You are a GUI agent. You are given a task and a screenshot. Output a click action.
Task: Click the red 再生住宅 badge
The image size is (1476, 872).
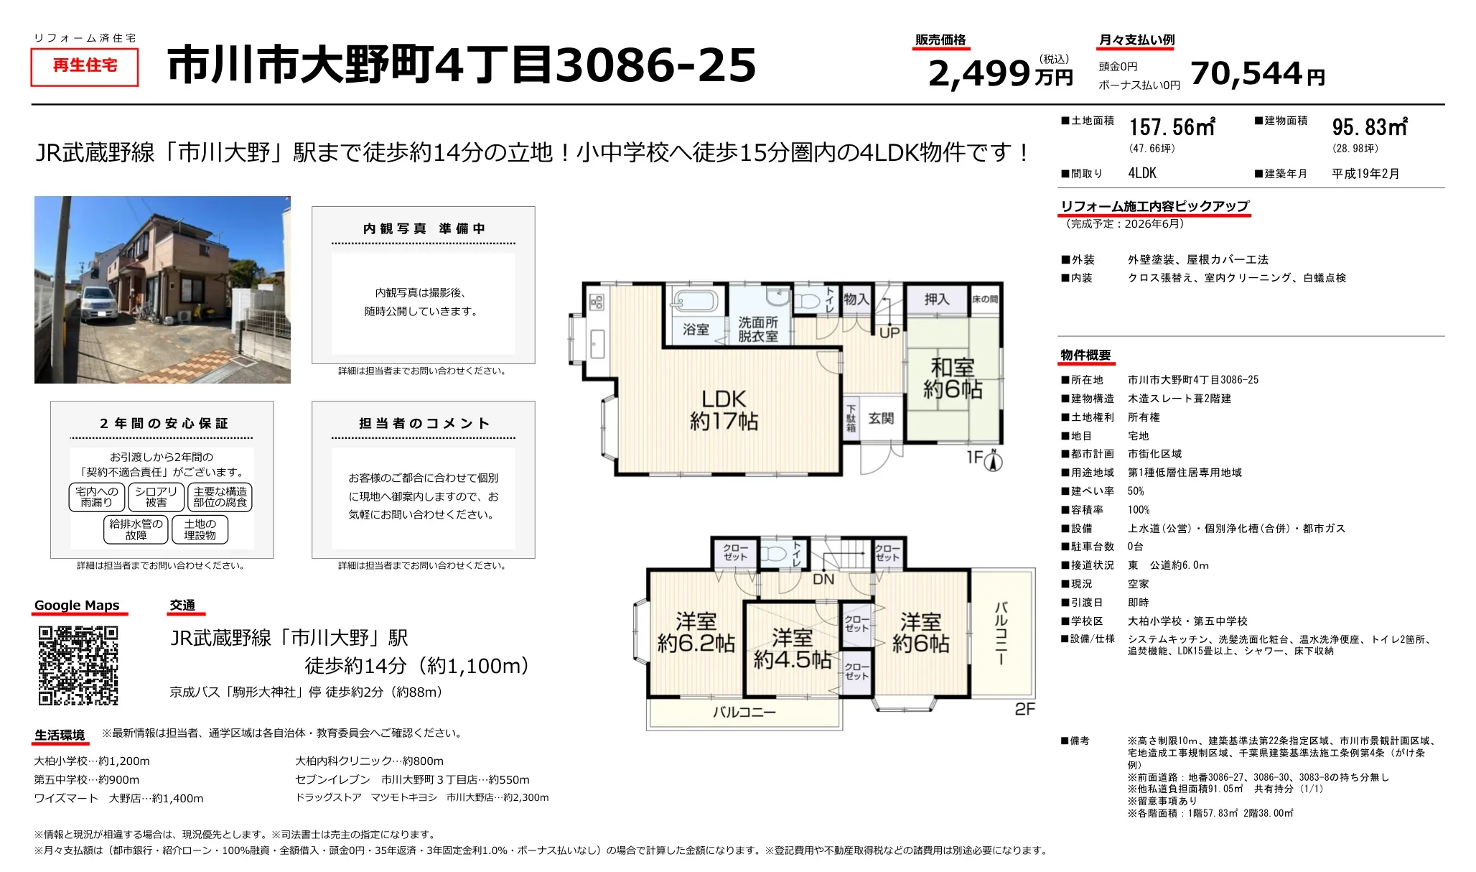pyautogui.click(x=85, y=66)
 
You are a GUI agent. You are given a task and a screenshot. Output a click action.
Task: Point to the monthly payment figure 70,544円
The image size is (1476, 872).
pyautogui.click(x=1258, y=73)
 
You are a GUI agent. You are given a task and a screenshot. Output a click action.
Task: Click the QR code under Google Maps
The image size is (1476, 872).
pyautogui.click(x=78, y=665)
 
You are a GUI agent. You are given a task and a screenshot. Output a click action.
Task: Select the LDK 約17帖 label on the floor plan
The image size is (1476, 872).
pyautogui.click(x=724, y=409)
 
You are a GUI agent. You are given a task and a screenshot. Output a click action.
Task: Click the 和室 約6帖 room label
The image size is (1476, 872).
pyautogui.click(x=953, y=379)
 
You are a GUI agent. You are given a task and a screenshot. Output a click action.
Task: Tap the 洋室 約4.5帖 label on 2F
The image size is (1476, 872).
pyautogui.click(x=792, y=649)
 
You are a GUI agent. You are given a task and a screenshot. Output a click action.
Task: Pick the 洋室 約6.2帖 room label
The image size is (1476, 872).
pyautogui.click(x=696, y=632)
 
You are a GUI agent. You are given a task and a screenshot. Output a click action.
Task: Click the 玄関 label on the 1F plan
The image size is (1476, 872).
pyautogui.click(x=881, y=419)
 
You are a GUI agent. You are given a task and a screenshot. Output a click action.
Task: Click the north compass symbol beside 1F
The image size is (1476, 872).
pyautogui.click(x=993, y=460)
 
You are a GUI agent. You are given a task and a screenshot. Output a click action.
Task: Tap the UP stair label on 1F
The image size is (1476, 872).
pyautogui.click(x=889, y=333)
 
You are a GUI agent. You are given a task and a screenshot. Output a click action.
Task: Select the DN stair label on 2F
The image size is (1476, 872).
pyautogui.click(x=823, y=579)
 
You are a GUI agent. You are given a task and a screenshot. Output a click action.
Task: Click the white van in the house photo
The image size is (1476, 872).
pyautogui.click(x=97, y=304)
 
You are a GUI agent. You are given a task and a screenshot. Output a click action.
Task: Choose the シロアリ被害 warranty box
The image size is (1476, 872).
pyautogui.click(x=156, y=497)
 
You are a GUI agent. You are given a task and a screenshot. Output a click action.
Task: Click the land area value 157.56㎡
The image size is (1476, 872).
pyautogui.click(x=1172, y=127)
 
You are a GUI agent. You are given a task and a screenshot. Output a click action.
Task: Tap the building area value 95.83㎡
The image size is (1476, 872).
pyautogui.click(x=1370, y=127)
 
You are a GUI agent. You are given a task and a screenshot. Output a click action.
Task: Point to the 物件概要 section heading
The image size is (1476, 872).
pyautogui.click(x=1085, y=356)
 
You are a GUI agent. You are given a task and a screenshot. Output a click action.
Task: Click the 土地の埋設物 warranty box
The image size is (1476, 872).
pyautogui.click(x=200, y=529)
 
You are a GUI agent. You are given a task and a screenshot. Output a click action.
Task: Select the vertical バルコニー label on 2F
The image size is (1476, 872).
pyautogui.click(x=1001, y=633)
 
